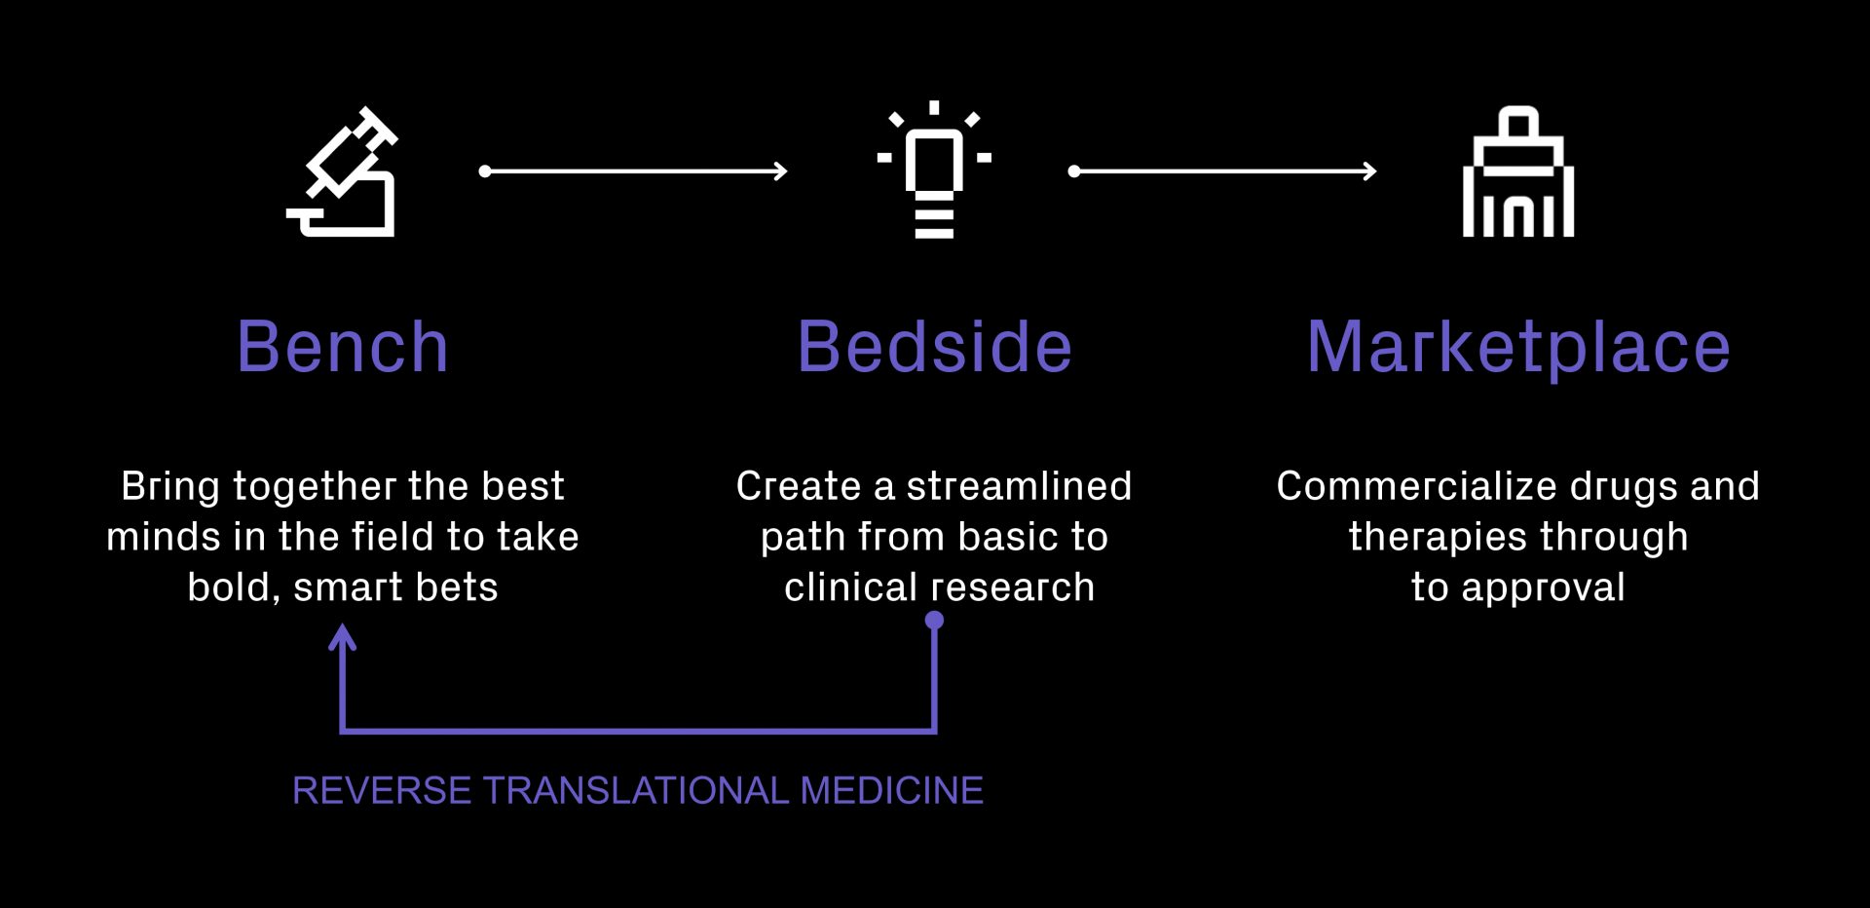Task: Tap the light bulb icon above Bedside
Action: (x=934, y=170)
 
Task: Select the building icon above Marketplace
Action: (x=1518, y=171)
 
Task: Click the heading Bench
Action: (x=343, y=347)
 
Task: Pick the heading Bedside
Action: (x=935, y=347)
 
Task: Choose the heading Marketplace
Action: (x=1518, y=349)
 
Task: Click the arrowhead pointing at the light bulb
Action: (x=780, y=171)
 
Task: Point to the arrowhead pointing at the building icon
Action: (x=1369, y=171)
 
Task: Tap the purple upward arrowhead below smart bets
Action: (x=342, y=637)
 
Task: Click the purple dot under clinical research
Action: (x=934, y=620)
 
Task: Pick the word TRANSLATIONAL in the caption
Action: (x=636, y=790)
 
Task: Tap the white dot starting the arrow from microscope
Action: (x=485, y=171)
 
